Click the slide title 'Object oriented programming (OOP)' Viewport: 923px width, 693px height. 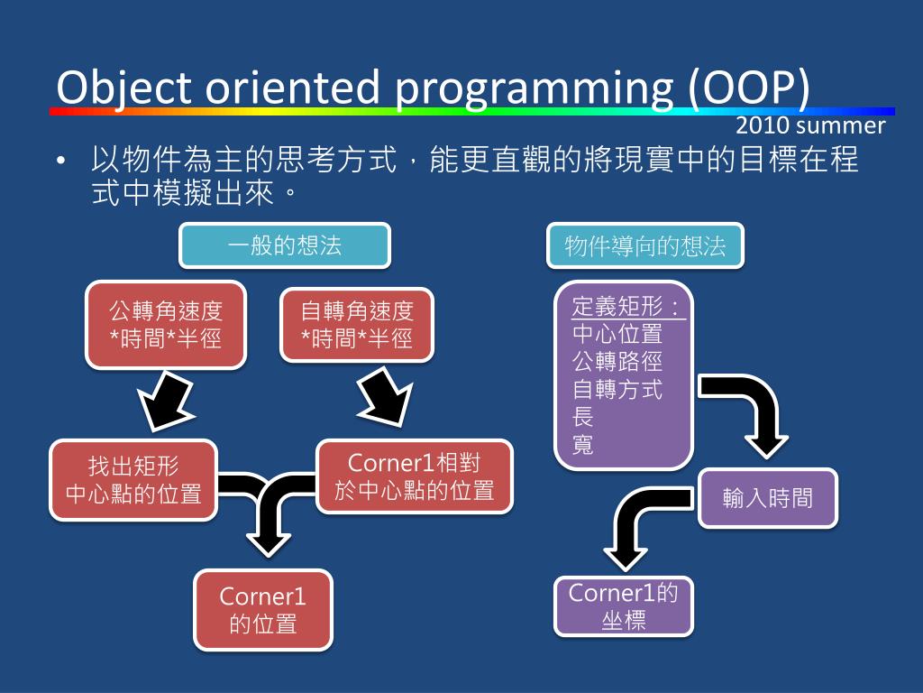click(433, 88)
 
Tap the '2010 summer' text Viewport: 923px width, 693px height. click(810, 125)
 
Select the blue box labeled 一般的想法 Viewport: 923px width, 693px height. click(285, 245)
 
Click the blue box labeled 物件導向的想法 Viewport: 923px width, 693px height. click(645, 245)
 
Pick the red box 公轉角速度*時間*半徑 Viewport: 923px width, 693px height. click(166, 325)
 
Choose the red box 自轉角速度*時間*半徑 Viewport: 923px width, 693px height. click(357, 325)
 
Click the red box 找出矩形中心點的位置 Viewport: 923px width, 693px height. click(133, 480)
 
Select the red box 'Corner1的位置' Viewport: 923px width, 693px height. click(263, 610)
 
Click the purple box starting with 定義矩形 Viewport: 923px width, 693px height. click(623, 374)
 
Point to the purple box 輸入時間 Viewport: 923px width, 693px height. click(767, 497)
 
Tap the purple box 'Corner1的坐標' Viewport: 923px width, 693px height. click(624, 606)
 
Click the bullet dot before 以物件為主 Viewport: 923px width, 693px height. click(60, 162)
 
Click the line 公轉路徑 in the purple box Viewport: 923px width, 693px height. click(617, 362)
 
